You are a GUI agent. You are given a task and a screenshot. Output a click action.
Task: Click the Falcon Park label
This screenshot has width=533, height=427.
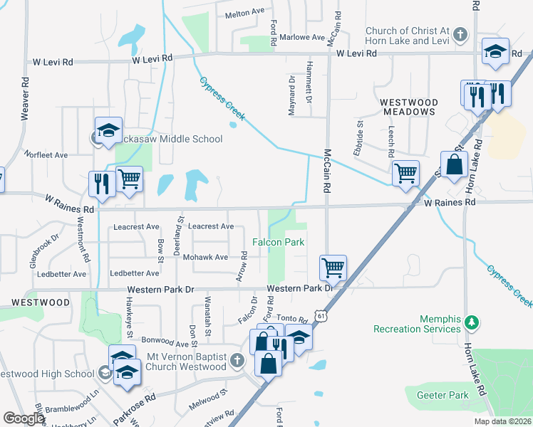click(x=277, y=243)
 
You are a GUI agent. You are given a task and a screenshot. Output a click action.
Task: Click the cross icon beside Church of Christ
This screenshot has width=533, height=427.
click(x=461, y=34)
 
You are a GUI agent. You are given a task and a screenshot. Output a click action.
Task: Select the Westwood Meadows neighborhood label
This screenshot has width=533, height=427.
click(x=408, y=107)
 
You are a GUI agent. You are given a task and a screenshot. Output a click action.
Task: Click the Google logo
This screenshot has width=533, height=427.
click(x=24, y=418)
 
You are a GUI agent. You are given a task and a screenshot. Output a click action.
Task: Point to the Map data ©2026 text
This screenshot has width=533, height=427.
click(x=503, y=421)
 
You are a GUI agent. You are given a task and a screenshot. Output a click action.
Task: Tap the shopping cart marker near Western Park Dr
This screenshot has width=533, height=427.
click(x=333, y=268)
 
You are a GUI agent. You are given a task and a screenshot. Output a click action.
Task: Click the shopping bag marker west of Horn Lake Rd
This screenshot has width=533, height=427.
click(x=454, y=165)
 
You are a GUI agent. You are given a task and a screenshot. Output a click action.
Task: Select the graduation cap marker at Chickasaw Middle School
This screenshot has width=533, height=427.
click(x=108, y=130)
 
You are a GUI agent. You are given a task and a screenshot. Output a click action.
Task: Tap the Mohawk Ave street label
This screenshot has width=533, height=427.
click(x=205, y=257)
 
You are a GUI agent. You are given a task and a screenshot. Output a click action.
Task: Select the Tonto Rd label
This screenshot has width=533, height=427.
click(x=292, y=320)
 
